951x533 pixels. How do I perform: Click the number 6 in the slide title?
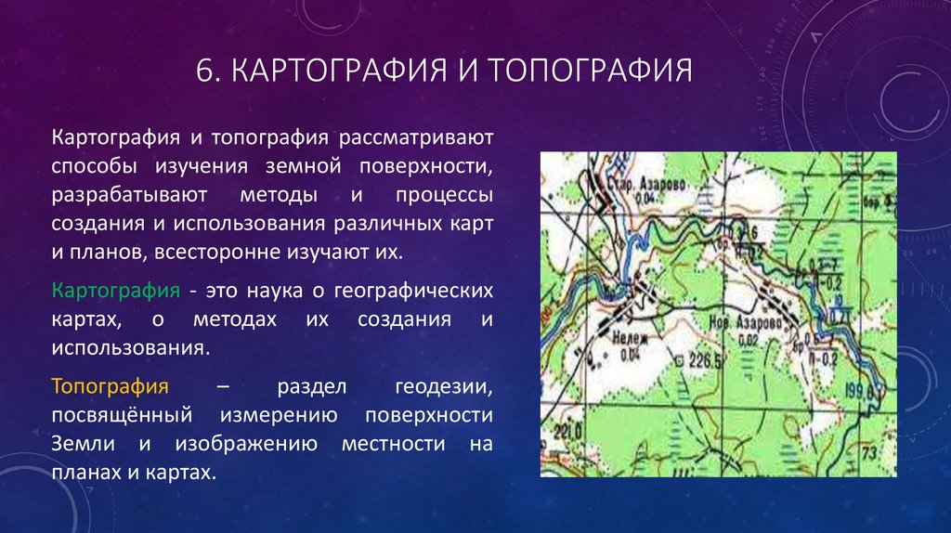(204, 71)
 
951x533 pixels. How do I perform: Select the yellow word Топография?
(111, 385)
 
